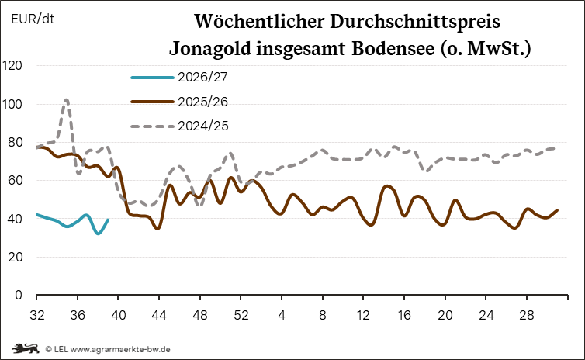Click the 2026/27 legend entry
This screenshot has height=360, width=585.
(178, 78)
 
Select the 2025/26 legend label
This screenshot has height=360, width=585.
(202, 102)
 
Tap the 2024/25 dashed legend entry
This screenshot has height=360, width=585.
(179, 126)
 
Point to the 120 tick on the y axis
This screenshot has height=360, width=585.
(12, 66)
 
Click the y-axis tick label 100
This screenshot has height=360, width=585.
(12, 104)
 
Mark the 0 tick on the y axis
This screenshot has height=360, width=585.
(19, 295)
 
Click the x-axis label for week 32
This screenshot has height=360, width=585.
(37, 315)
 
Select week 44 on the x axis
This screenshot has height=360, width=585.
(159, 315)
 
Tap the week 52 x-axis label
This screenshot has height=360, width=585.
(241, 315)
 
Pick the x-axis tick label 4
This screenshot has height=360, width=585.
(282, 315)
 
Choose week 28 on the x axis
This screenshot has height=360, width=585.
(527, 315)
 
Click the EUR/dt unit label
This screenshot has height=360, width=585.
(33, 19)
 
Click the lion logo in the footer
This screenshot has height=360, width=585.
(26, 349)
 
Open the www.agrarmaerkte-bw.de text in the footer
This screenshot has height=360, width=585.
(120, 350)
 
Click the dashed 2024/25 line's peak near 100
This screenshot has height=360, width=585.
(67, 100)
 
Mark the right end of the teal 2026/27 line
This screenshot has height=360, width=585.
(108, 220)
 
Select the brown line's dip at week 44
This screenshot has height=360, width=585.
(157, 228)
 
